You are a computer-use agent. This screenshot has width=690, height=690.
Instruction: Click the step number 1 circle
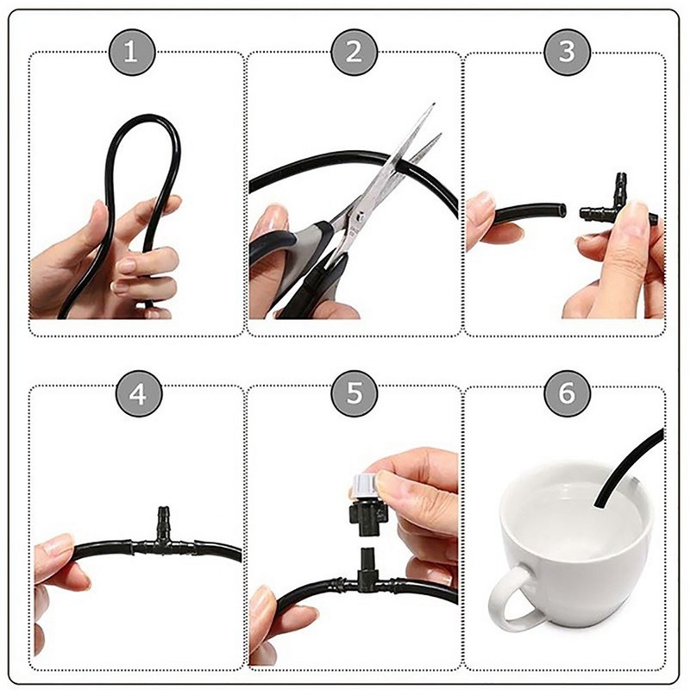[x=131, y=53]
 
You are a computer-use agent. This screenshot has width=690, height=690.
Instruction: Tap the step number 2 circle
[x=354, y=53]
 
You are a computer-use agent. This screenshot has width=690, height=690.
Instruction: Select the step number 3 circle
[x=568, y=53]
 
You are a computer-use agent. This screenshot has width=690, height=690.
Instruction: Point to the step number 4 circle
[x=139, y=394]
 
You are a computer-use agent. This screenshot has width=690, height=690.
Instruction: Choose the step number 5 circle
[x=354, y=394]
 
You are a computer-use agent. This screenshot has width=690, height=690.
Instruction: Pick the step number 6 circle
[x=568, y=394]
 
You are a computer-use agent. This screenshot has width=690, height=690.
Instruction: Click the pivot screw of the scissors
[x=360, y=216]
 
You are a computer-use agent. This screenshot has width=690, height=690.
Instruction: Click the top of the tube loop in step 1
[x=145, y=117]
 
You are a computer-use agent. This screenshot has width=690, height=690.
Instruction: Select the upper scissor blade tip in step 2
[x=434, y=104]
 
